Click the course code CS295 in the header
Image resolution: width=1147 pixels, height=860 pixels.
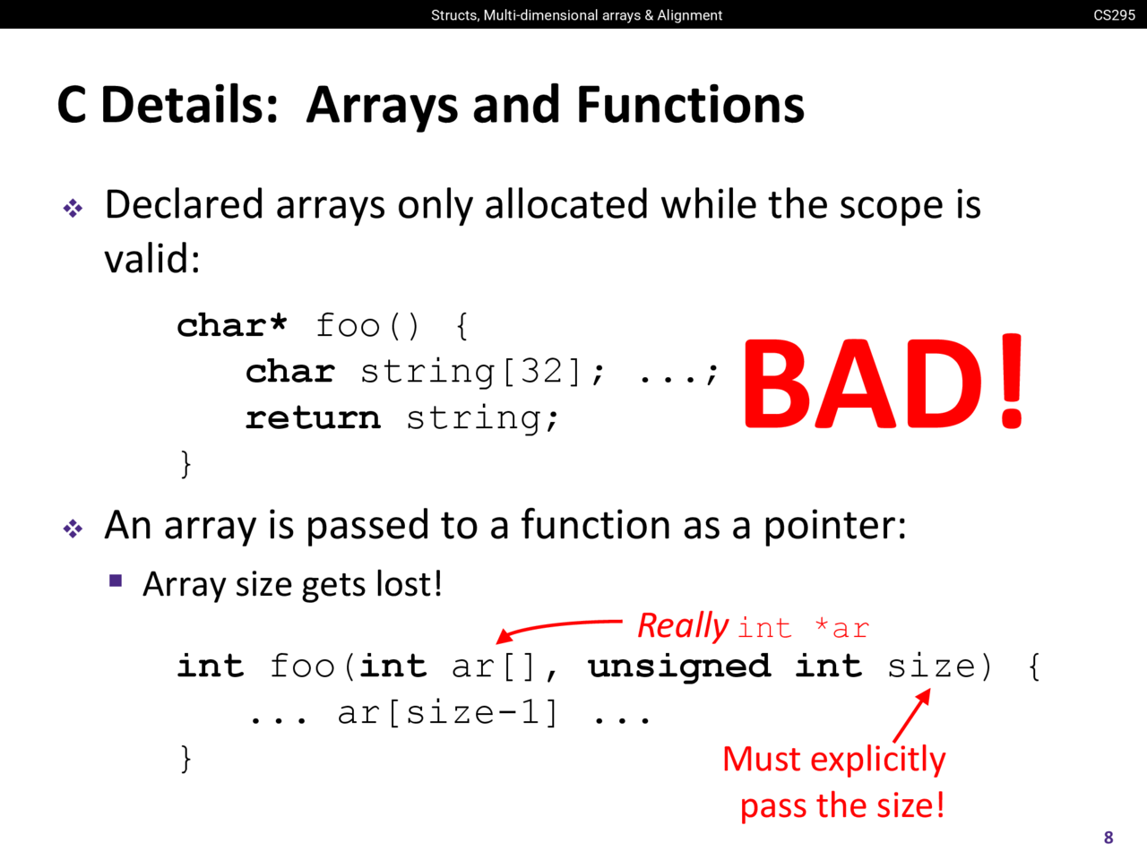click(1114, 14)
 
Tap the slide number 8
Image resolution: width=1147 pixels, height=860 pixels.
click(1108, 838)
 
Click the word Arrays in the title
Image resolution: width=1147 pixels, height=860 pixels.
click(383, 106)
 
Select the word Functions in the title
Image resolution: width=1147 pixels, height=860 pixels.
click(690, 105)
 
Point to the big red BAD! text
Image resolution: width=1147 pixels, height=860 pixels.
click(883, 383)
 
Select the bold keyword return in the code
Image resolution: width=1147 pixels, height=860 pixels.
click(313, 417)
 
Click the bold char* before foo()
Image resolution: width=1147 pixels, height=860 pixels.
click(231, 325)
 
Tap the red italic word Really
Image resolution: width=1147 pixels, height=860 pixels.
click(683, 625)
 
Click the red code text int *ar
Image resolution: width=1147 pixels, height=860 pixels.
click(804, 628)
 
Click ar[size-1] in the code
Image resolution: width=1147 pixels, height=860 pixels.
click(448, 713)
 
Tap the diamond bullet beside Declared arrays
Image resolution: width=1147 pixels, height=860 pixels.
click(73, 209)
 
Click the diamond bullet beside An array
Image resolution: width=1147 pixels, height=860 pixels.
click(73, 529)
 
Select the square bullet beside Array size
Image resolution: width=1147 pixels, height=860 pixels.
click(116, 580)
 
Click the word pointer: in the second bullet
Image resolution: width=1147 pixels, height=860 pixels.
click(835, 527)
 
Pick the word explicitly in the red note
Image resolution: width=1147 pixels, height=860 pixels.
click(878, 760)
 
